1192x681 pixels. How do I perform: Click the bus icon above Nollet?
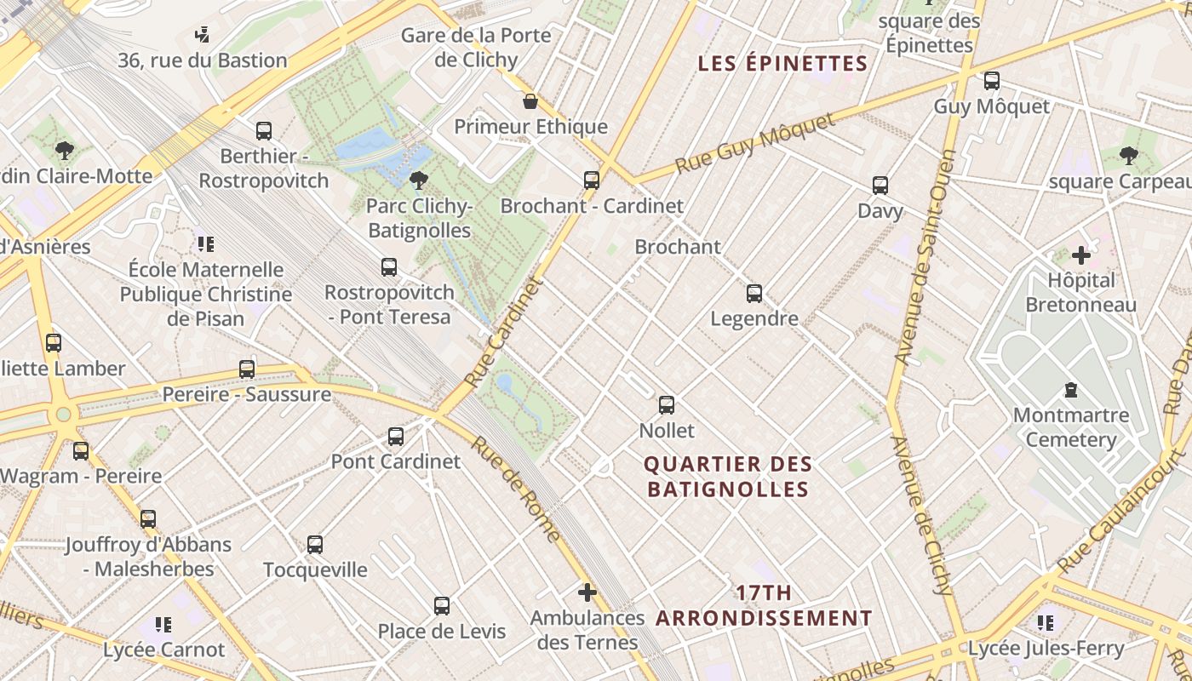[x=667, y=405]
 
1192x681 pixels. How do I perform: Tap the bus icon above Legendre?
[x=754, y=294]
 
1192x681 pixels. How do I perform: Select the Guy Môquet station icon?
[x=992, y=81]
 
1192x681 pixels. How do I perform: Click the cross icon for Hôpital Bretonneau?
[x=1081, y=255]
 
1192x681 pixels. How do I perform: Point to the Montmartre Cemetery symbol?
[x=1071, y=390]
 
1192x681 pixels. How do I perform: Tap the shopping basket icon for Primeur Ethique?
[x=530, y=102]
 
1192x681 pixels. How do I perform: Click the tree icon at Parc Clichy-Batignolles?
[x=418, y=180]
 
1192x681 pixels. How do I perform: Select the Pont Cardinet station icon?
[x=396, y=437]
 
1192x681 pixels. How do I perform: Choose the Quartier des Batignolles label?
[x=727, y=477]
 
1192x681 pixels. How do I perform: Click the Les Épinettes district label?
[x=782, y=64]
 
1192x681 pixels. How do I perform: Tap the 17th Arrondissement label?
[x=764, y=605]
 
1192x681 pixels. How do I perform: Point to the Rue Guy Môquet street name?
[x=756, y=143]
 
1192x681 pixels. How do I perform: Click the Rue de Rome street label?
[x=517, y=489]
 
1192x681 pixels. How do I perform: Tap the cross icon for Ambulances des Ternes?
[x=587, y=592]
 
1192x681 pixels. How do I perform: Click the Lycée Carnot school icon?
[x=163, y=625]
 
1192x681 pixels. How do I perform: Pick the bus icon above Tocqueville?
[x=315, y=545]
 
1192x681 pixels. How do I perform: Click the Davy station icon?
[x=880, y=186]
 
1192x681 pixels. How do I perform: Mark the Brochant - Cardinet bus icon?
[x=592, y=180]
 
